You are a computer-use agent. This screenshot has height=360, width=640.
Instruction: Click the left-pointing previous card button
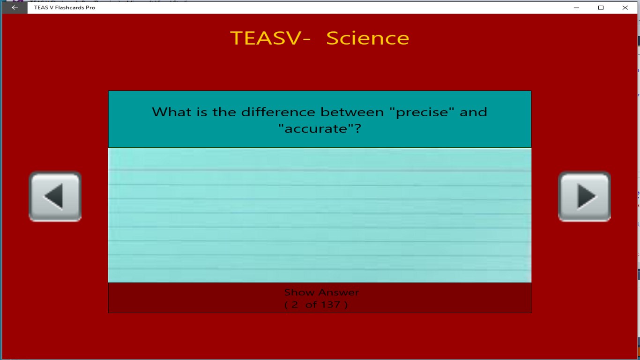[55, 196]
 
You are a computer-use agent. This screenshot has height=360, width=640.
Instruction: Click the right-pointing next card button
[584, 196]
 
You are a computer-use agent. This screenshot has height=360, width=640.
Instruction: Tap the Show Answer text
[321, 292]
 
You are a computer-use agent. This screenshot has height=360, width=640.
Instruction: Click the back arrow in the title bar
[15, 7]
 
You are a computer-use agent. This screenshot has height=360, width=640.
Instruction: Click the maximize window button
[601, 7]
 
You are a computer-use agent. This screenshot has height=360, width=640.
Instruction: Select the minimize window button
[576, 7]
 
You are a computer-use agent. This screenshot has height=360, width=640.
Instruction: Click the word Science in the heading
[367, 38]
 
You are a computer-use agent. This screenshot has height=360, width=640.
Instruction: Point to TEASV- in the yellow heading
[270, 38]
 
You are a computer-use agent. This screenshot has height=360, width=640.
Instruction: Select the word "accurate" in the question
[322, 129]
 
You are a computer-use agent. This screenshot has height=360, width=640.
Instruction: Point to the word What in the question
[170, 112]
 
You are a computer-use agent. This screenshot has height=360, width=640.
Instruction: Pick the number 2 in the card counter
[295, 305]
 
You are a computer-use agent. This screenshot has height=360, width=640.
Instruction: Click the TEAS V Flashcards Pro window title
[65, 7]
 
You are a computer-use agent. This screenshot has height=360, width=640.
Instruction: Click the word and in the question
[473, 112]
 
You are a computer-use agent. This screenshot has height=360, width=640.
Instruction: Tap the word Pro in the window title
[90, 7]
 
